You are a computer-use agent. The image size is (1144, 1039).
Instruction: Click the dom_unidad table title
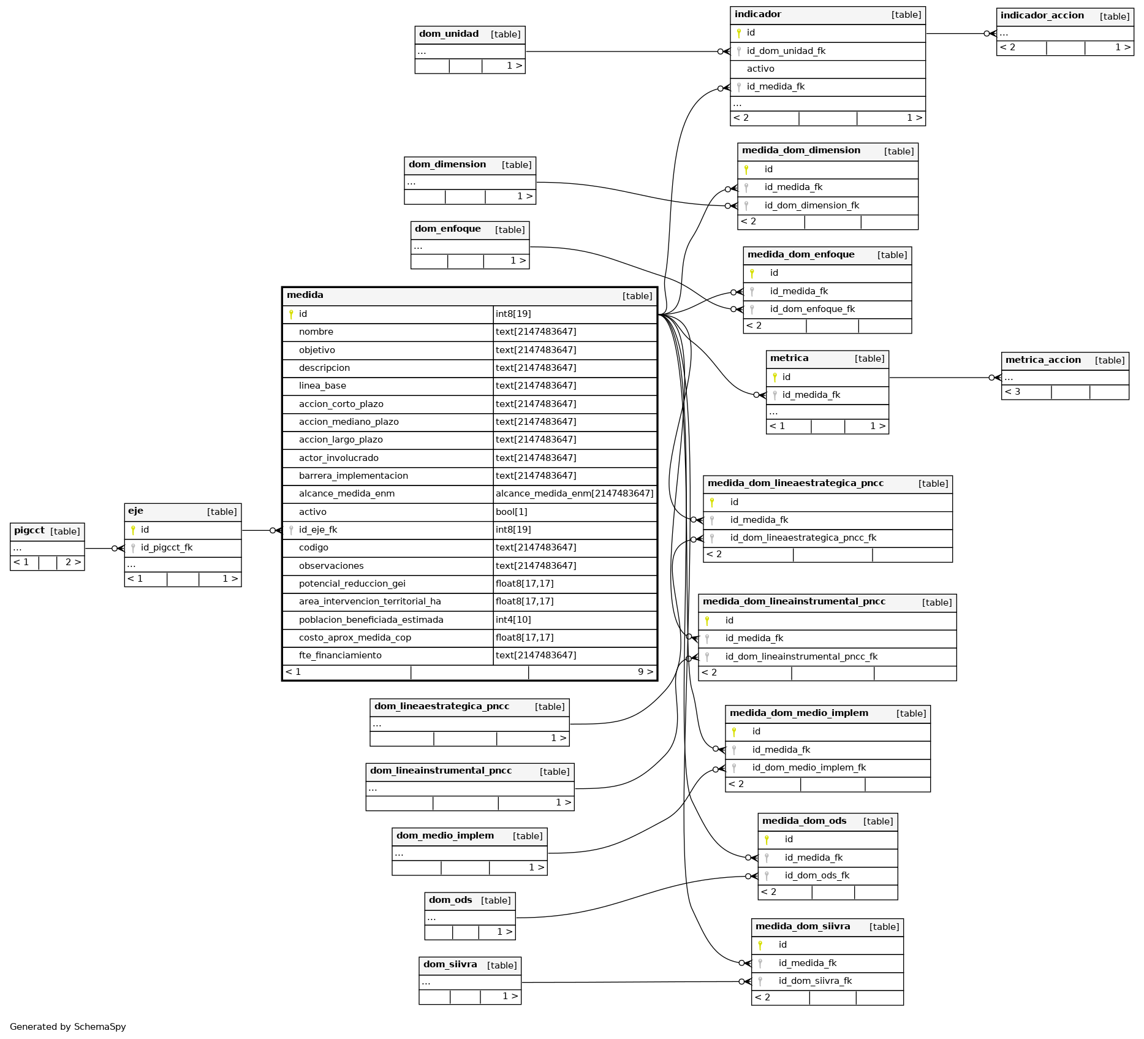pyautogui.click(x=449, y=34)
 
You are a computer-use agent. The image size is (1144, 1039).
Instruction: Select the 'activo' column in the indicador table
pyautogui.click(x=760, y=69)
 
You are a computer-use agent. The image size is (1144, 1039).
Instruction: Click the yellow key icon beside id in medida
pyautogui.click(x=291, y=314)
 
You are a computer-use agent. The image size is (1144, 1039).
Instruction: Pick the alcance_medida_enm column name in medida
pyautogui.click(x=347, y=493)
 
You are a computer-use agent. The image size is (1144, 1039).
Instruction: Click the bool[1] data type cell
pyautogui.click(x=511, y=512)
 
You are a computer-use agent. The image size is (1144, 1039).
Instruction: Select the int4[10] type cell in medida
pyautogui.click(x=513, y=620)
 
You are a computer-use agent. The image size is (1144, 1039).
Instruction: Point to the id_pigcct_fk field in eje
pyautogui.click(x=167, y=547)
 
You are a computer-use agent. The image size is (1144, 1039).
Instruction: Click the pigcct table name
pyautogui.click(x=29, y=531)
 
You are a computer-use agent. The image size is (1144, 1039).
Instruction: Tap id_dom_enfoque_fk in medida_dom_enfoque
pyautogui.click(x=813, y=309)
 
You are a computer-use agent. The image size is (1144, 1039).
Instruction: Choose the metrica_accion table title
pyautogui.click(x=1043, y=360)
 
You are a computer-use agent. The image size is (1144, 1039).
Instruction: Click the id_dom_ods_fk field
pyautogui.click(x=817, y=875)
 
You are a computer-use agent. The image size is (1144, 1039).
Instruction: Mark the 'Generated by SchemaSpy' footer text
pyautogui.click(x=68, y=1027)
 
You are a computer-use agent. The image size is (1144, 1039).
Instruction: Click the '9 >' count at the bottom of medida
pyautogui.click(x=645, y=672)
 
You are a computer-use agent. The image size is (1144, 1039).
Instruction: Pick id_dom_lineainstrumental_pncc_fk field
pyautogui.click(x=801, y=657)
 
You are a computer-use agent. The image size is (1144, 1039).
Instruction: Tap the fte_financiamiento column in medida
pyautogui.click(x=340, y=655)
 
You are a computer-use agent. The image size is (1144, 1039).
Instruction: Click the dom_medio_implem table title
pyautogui.click(x=445, y=835)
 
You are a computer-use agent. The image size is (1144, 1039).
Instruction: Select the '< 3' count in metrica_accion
pyautogui.click(x=1012, y=392)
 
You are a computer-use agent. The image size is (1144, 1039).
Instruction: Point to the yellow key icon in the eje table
pyautogui.click(x=133, y=530)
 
